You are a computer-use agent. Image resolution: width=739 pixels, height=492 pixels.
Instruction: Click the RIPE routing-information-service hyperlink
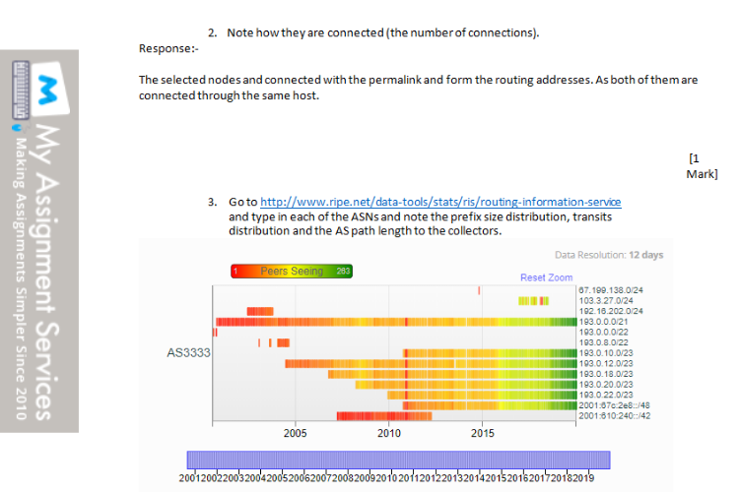440,202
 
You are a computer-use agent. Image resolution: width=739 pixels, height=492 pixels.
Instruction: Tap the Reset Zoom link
546,277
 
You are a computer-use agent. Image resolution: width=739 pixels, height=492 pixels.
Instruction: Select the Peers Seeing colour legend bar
292,272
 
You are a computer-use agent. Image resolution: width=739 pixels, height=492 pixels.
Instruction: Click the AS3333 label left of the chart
188,352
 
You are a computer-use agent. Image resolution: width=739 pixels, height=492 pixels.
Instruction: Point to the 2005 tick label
295,433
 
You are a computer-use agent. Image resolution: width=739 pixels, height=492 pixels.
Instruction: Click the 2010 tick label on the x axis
389,433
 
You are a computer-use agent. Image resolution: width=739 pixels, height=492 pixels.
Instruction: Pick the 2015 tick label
482,433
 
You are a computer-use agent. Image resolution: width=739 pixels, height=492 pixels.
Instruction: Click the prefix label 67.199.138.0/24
611,290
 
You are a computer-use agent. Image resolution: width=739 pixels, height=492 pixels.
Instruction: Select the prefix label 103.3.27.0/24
606,301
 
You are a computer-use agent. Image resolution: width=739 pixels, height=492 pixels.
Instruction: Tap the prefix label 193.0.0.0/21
603,322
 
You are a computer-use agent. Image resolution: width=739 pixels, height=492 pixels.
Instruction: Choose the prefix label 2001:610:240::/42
615,415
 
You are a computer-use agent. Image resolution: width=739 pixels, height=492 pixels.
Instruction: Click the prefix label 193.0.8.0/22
603,342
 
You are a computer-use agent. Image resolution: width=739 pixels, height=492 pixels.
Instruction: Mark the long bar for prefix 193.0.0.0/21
396,322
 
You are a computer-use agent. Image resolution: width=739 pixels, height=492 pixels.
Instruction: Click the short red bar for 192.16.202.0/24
260,311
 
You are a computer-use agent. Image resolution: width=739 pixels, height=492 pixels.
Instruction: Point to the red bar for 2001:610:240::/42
384,416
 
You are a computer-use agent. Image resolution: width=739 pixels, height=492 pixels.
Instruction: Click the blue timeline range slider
399,460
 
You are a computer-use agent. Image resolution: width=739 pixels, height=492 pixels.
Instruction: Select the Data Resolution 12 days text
609,255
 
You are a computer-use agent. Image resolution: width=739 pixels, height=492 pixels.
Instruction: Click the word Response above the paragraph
166,48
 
